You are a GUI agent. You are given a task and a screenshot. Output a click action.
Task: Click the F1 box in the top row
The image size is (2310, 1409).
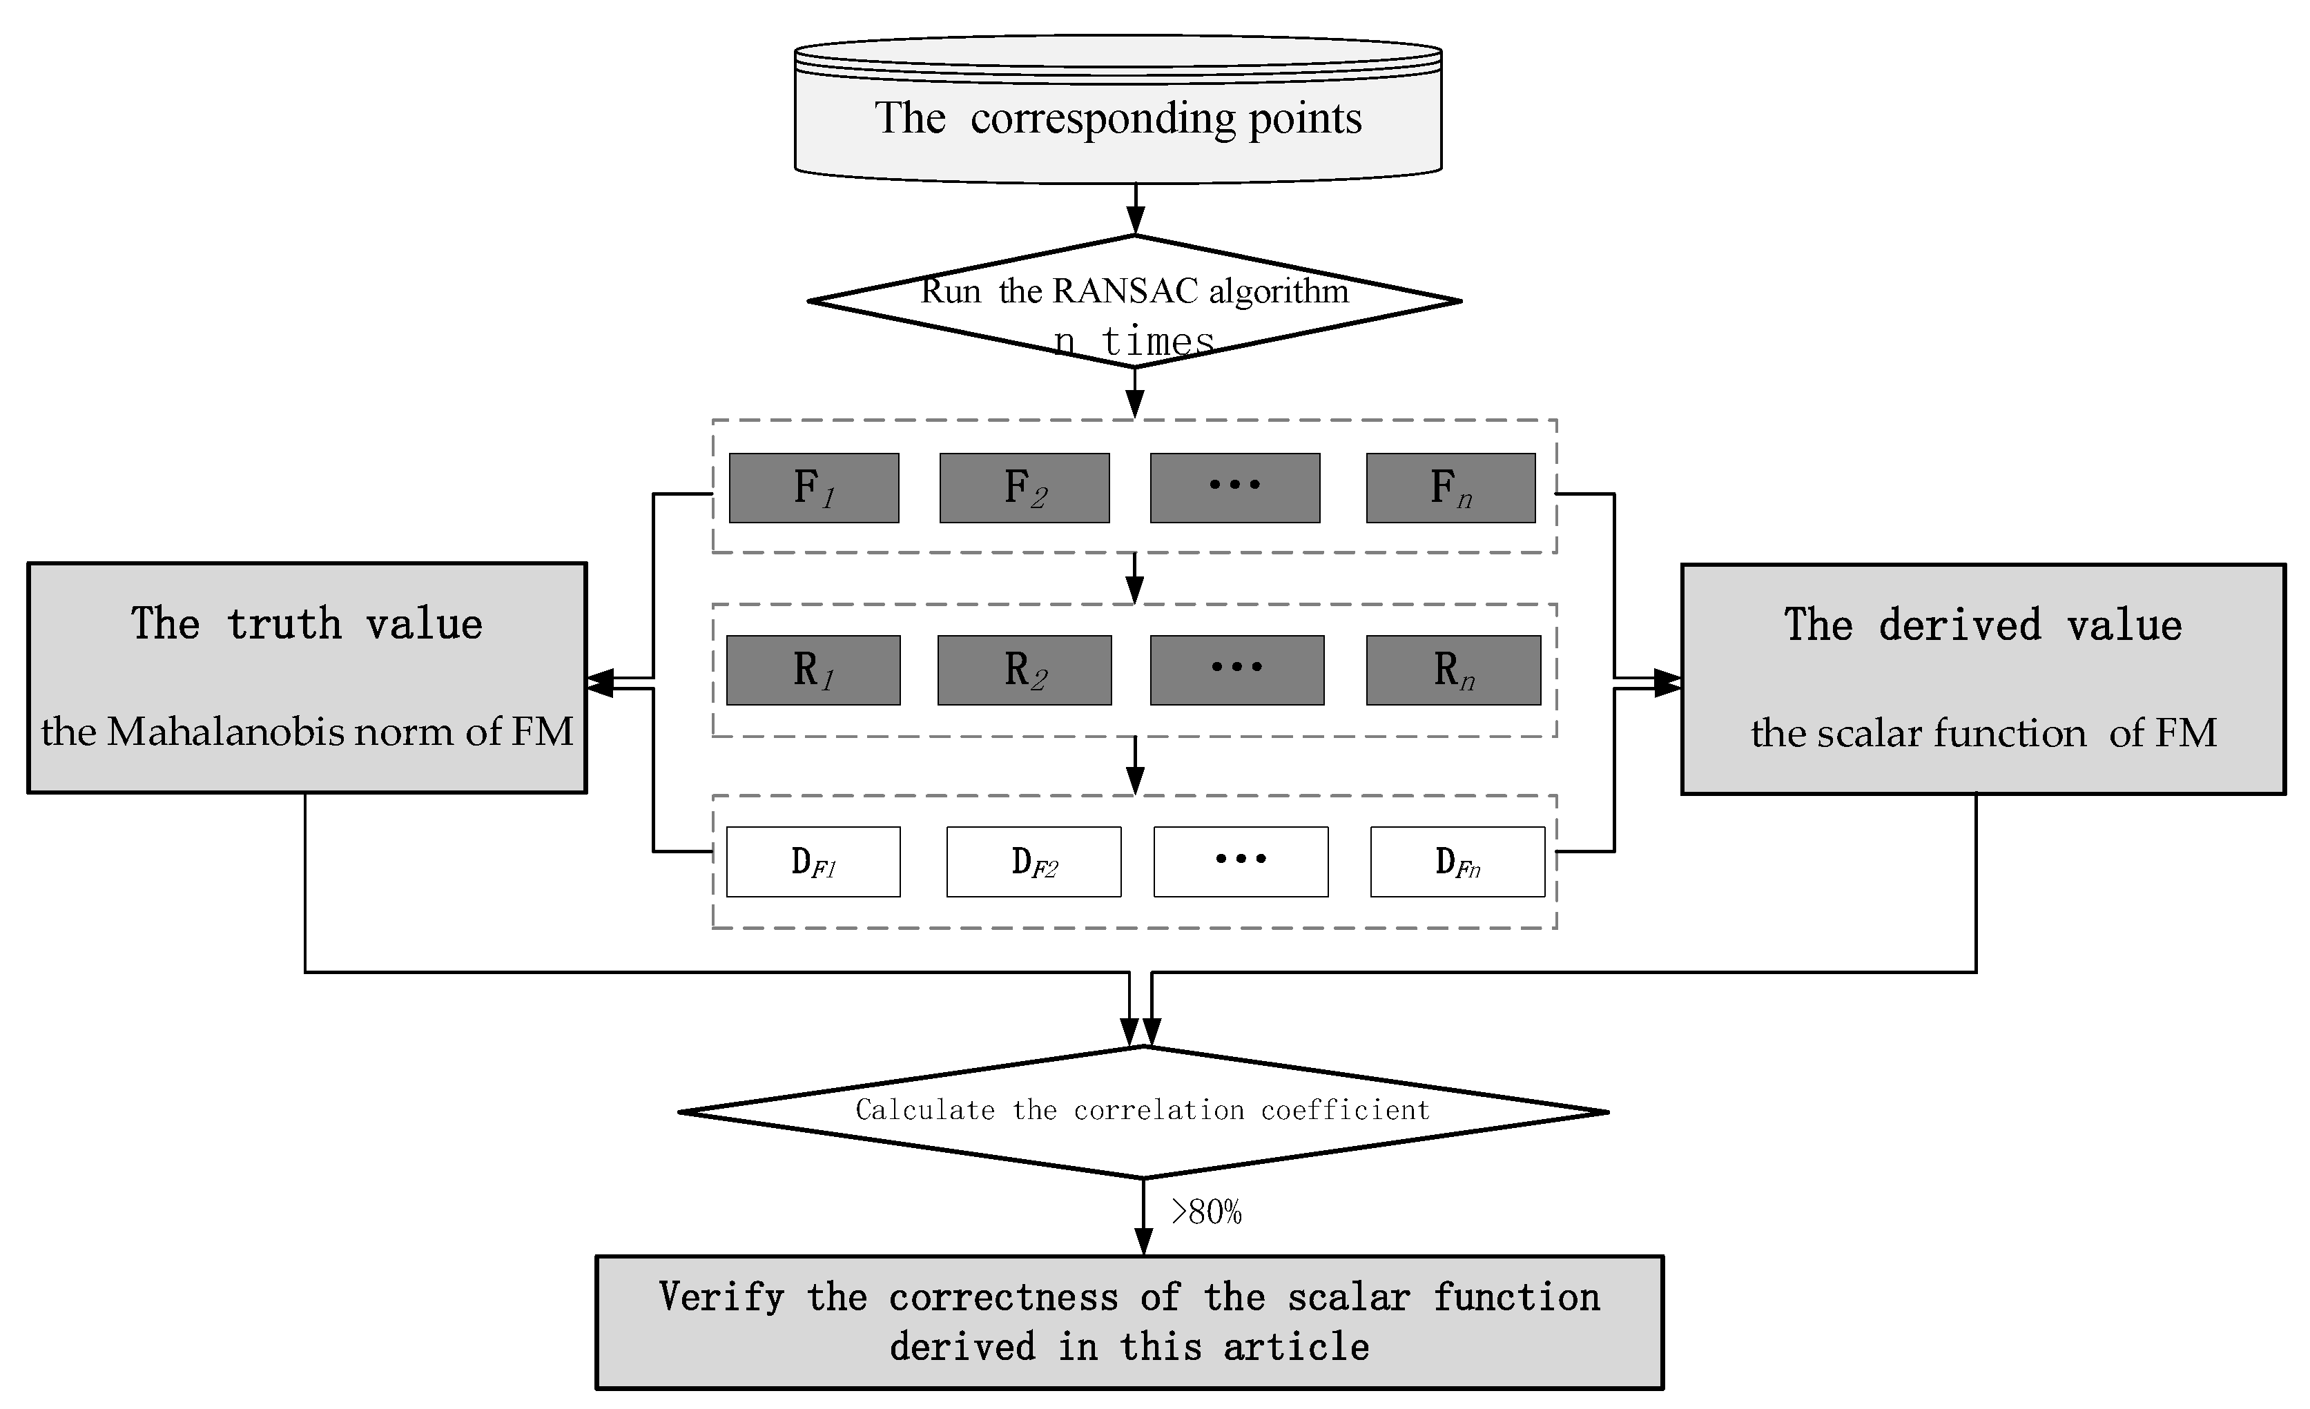point(814,488)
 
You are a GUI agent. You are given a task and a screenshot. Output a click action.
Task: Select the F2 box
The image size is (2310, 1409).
point(1025,488)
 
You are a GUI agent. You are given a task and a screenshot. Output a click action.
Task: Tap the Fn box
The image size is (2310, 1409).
point(1450,488)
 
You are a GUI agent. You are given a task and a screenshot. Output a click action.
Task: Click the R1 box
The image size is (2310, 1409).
point(813,670)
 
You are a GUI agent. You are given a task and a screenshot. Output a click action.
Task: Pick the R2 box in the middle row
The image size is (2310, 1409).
point(1025,670)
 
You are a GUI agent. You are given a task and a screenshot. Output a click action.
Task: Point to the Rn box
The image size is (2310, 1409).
point(1453,670)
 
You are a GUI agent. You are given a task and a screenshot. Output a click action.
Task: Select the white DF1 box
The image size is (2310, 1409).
point(813,862)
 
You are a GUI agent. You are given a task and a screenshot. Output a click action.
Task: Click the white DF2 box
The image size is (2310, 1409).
point(1033,862)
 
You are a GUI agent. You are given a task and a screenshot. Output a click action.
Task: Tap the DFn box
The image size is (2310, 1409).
point(1457,862)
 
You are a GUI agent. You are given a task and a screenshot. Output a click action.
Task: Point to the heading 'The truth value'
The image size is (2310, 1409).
point(307,624)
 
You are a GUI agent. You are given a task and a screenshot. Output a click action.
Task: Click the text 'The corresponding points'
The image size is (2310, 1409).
point(1118,119)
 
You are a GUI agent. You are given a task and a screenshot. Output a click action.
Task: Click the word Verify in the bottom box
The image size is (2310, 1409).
point(721,1297)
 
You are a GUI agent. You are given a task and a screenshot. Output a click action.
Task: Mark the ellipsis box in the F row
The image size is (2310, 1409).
point(1234,488)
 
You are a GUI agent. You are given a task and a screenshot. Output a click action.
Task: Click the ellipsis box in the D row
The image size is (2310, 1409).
point(1241,862)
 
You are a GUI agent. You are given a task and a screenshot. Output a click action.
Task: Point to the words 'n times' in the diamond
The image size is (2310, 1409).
point(1134,341)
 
